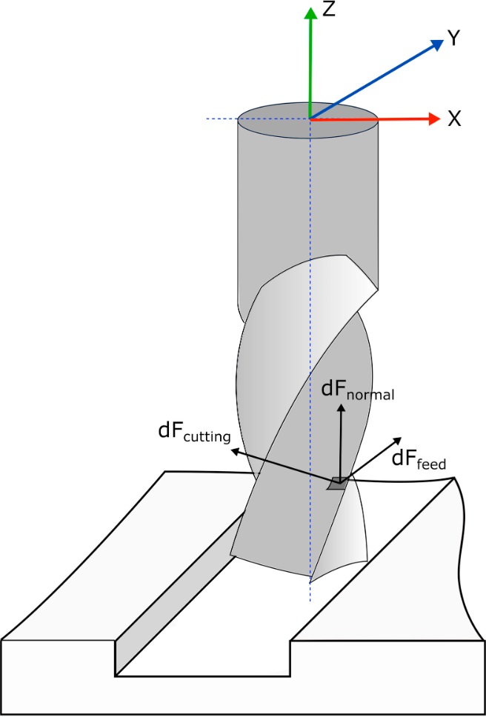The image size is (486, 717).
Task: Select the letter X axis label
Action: (x=455, y=119)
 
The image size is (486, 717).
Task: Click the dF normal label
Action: (x=358, y=392)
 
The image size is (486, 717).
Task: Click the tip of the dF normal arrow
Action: (x=341, y=406)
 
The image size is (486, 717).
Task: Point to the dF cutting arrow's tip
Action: (x=230, y=450)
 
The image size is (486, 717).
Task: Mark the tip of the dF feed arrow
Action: (x=401, y=436)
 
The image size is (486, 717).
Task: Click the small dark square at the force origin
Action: (x=338, y=482)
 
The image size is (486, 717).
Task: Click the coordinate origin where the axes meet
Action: (x=310, y=119)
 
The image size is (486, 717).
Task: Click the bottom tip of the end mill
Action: (x=311, y=579)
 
